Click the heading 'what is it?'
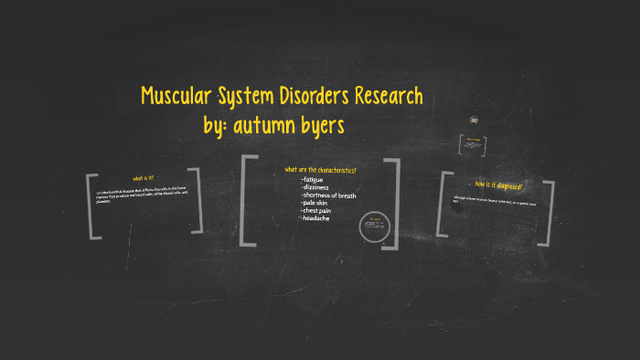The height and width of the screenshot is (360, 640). (144, 177)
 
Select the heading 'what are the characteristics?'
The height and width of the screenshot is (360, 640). (320, 170)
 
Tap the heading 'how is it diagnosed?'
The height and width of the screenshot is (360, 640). (498, 185)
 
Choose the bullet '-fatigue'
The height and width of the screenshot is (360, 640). (314, 180)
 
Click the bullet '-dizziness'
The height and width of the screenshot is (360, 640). (315, 187)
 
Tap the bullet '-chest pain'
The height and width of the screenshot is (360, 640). (317, 210)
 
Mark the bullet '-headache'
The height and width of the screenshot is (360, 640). (315, 217)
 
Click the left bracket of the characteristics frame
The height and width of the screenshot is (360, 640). (244, 201)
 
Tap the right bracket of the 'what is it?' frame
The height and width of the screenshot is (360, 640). (197, 200)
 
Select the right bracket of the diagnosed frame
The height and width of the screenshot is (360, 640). (547, 207)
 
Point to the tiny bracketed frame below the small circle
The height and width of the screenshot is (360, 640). (475, 144)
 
